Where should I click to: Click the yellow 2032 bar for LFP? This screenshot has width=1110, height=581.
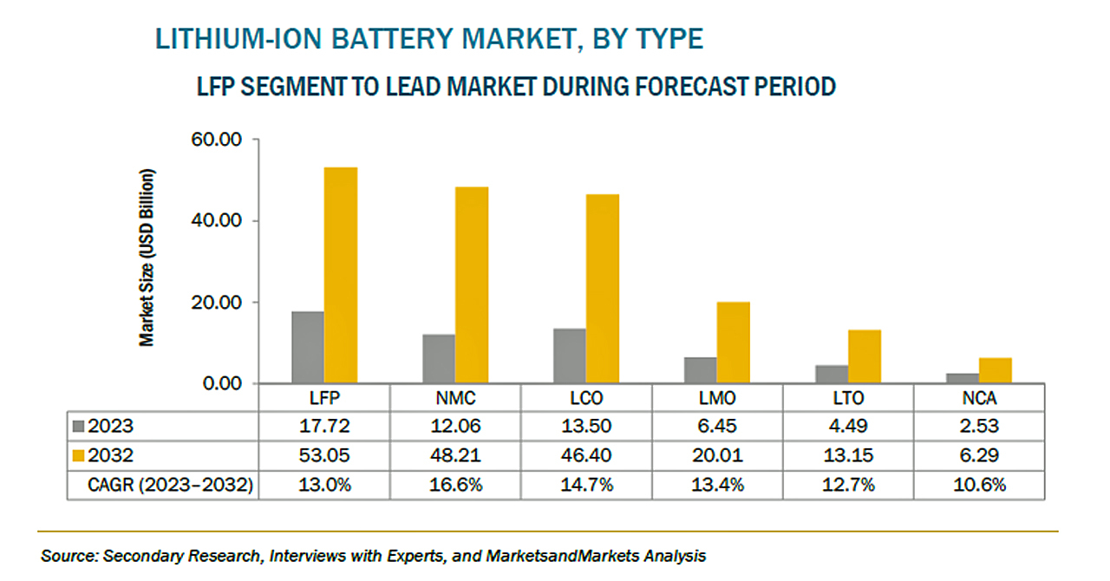(340, 276)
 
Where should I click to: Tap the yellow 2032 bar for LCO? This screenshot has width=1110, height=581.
(602, 289)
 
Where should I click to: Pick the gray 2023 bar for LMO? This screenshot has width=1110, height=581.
(700, 370)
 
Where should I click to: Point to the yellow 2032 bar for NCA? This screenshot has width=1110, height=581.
(995, 371)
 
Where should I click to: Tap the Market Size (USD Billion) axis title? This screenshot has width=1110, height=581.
(147, 258)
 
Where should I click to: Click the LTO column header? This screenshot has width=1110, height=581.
(848, 400)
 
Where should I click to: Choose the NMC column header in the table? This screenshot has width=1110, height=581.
(455, 400)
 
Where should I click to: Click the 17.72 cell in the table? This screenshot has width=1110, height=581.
(324, 427)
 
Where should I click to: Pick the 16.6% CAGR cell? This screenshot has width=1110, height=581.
(455, 485)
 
